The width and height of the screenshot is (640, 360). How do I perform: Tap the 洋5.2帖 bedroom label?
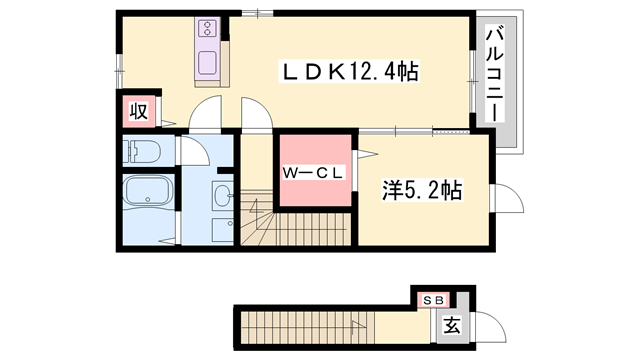(x=422, y=190)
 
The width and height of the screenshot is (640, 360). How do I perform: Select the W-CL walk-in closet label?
(x=313, y=173)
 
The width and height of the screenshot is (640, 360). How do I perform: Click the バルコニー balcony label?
(x=494, y=73)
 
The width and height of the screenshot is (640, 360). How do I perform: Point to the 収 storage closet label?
(x=139, y=111)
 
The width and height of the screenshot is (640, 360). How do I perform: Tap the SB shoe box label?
(x=433, y=301)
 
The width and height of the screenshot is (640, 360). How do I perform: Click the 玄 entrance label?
(x=452, y=325)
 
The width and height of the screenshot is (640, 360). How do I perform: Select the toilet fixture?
(x=142, y=151)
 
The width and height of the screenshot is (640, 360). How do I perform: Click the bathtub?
(x=148, y=191)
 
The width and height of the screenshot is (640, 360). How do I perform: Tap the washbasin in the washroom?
(x=223, y=195)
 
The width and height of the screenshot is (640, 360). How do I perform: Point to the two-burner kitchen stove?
(x=208, y=27)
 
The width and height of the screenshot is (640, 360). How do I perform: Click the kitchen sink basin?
(x=207, y=63)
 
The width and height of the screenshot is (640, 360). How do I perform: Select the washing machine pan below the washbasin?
(x=223, y=230)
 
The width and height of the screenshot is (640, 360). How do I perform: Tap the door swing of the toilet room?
(x=195, y=150)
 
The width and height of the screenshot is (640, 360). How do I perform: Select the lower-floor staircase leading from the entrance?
(x=308, y=327)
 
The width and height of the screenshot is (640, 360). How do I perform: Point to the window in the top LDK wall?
(x=257, y=13)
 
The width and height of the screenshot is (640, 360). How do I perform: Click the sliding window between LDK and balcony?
(x=472, y=81)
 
